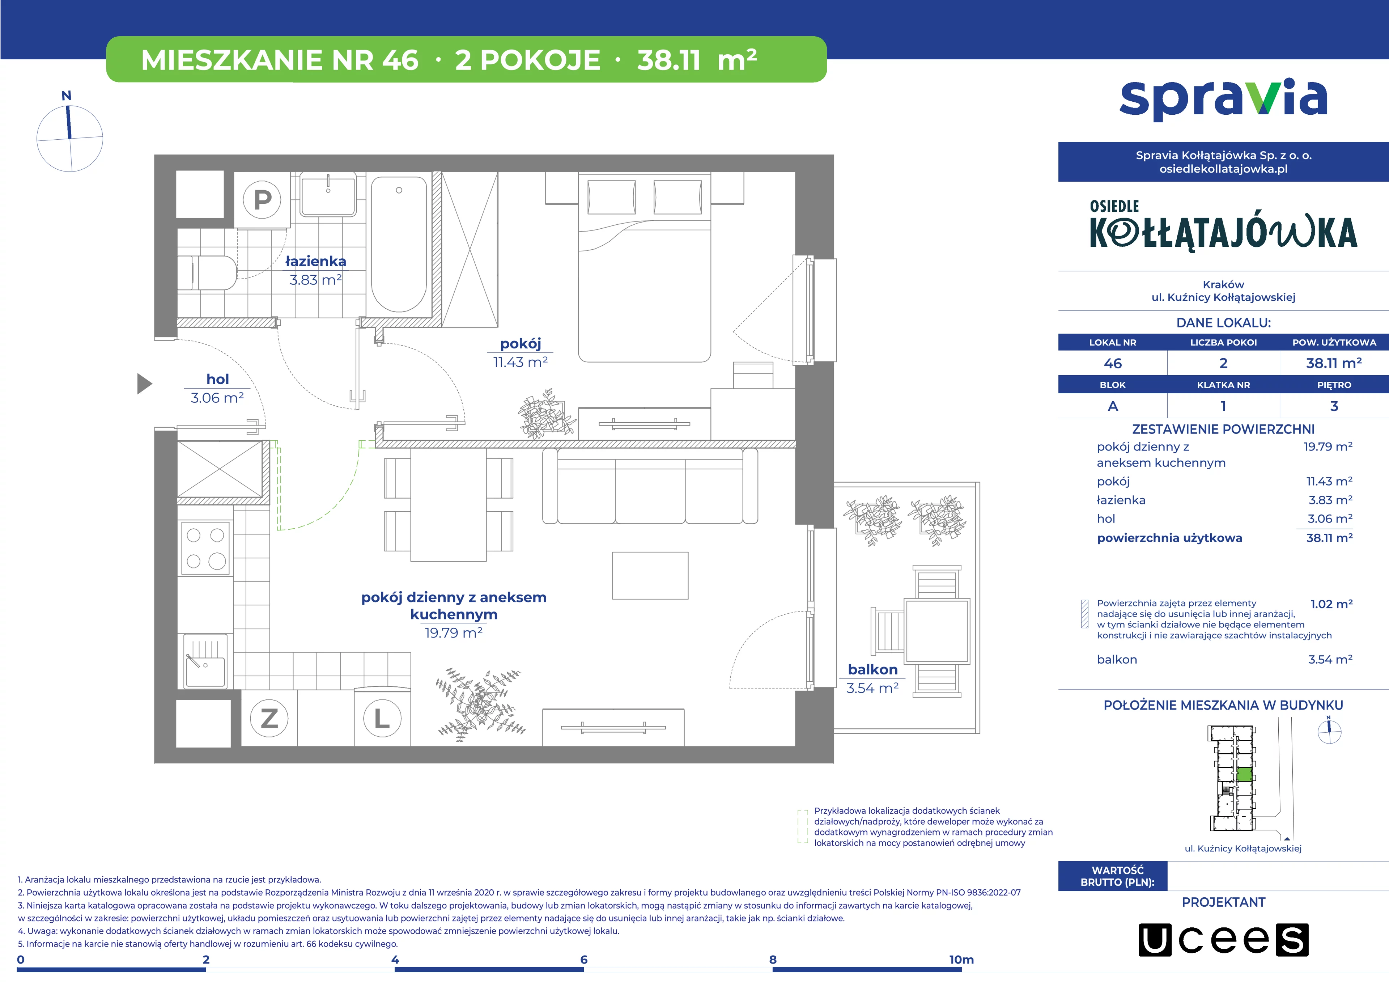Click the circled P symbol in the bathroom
(262, 199)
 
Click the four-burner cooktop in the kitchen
(206, 548)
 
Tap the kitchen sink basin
(205, 661)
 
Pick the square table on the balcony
(936, 630)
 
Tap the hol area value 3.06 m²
(217, 398)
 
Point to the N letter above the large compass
(67, 96)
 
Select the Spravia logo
(1223, 100)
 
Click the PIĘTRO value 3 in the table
(1334, 406)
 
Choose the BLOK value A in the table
(1113, 406)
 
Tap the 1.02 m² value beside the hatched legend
(1331, 604)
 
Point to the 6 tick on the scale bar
(584, 960)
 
